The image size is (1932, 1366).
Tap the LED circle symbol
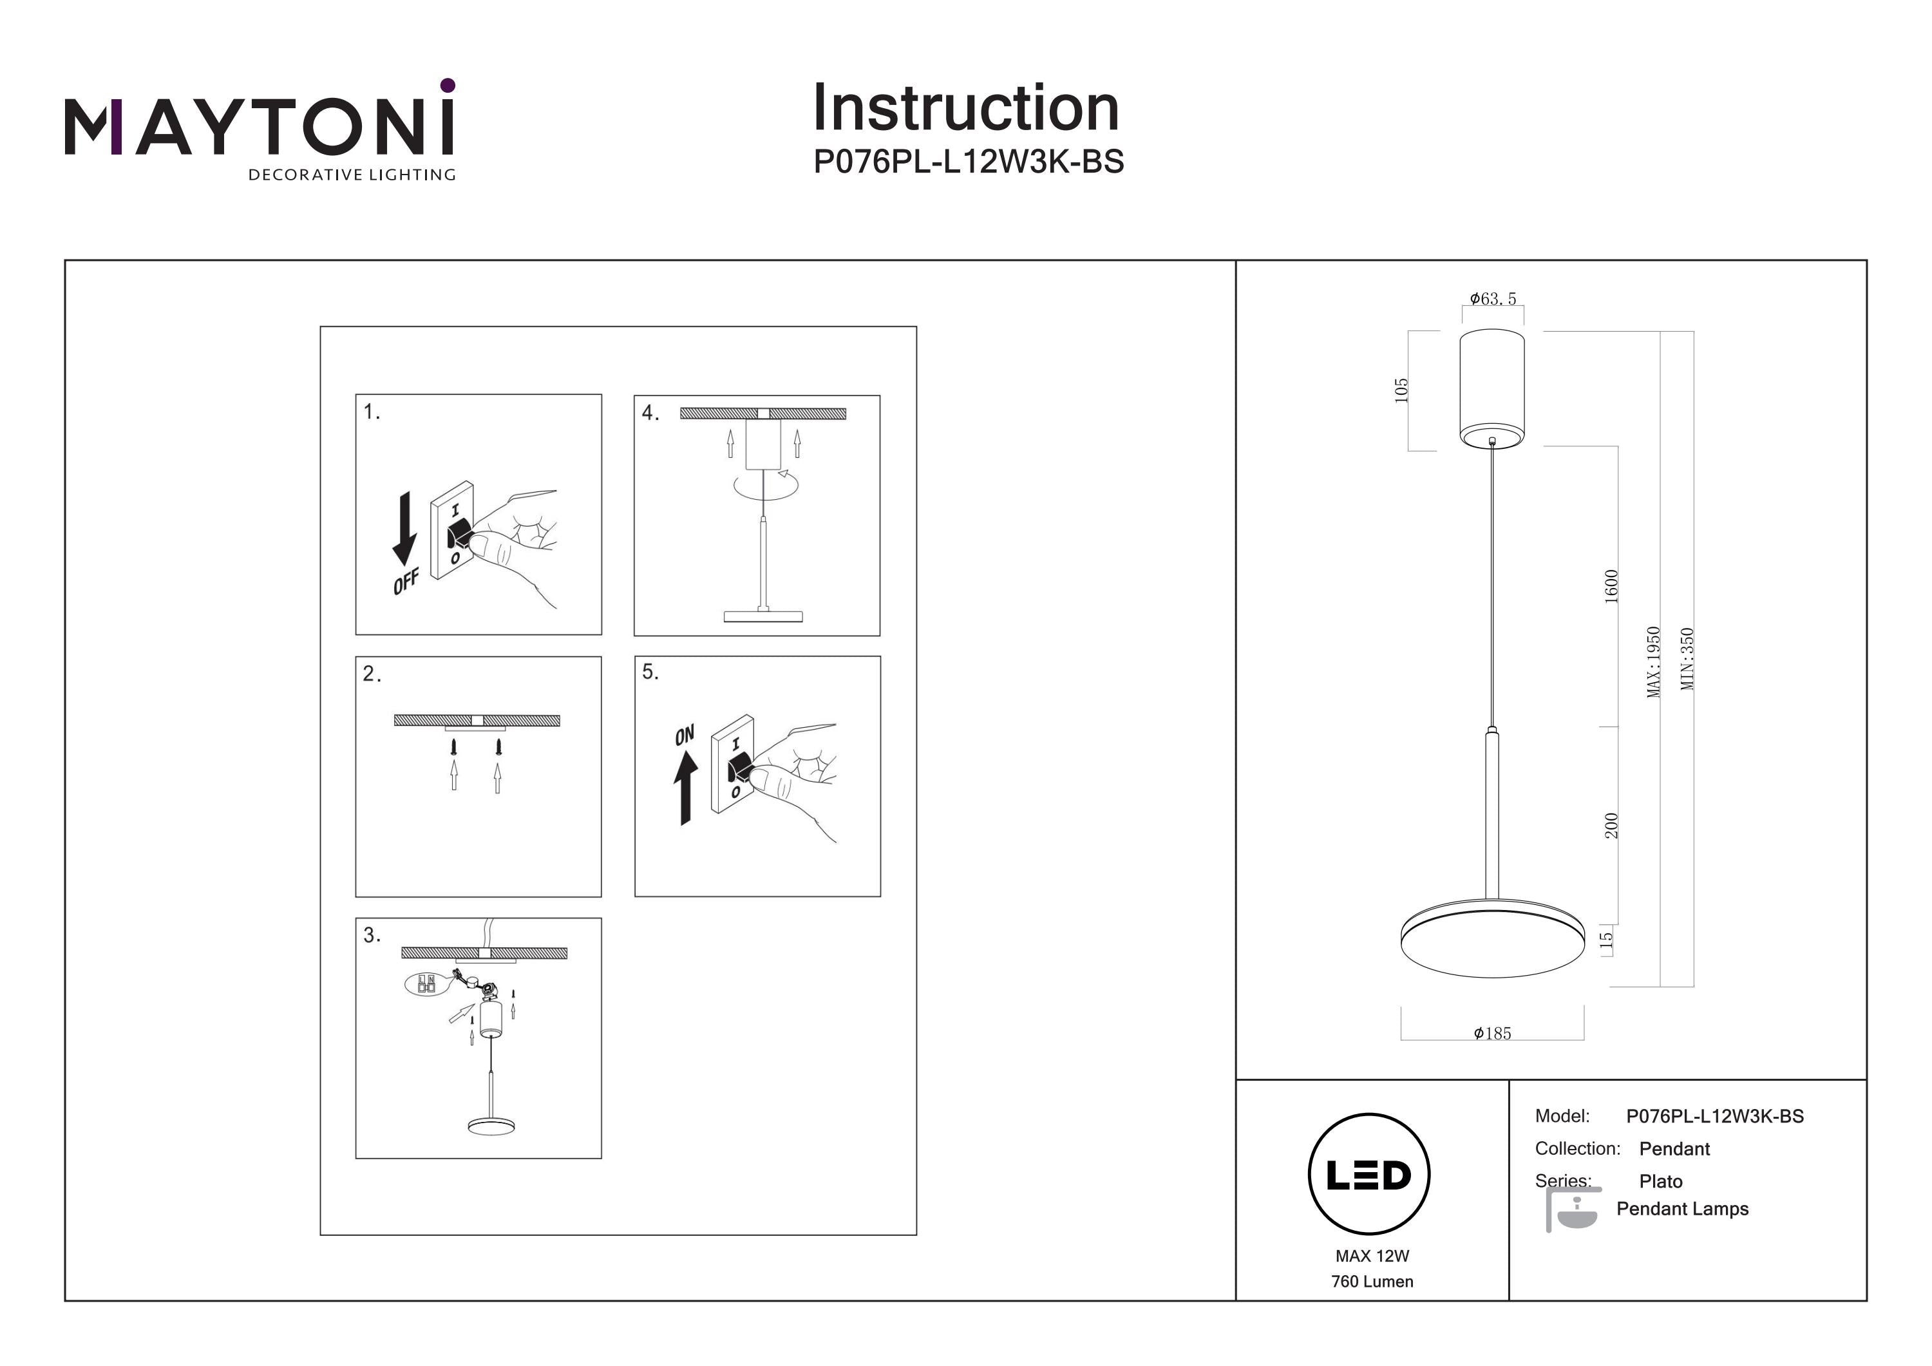[1368, 1174]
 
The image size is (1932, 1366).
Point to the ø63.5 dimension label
[1493, 299]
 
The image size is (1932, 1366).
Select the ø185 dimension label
[1493, 1034]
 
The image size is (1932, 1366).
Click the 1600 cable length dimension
[1611, 586]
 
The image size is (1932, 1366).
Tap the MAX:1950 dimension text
[1654, 661]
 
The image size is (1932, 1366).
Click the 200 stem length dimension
[1611, 826]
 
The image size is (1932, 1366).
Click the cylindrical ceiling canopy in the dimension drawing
[1492, 387]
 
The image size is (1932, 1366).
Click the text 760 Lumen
[1372, 1282]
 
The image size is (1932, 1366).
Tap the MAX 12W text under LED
[1372, 1256]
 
